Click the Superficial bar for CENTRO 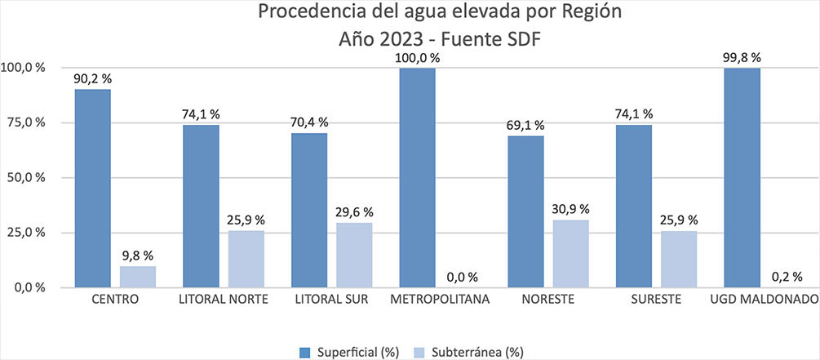pyautogui.click(x=92, y=188)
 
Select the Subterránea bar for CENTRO pyautogui.click(x=137, y=277)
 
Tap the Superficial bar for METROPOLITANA pyautogui.click(x=417, y=177)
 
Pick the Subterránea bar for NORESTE pyautogui.click(x=570, y=253)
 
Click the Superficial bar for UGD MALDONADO pyautogui.click(x=742, y=177)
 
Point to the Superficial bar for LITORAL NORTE pyautogui.click(x=201, y=206)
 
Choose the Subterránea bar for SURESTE pyautogui.click(x=678, y=259)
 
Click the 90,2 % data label pyautogui.click(x=93, y=78)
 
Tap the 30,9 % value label pyautogui.click(x=571, y=209)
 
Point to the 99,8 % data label pyautogui.click(x=742, y=57)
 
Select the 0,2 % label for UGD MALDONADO pyautogui.click(x=787, y=277)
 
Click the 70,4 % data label pyautogui.click(x=309, y=122)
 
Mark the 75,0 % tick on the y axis pyautogui.click(x=24, y=122)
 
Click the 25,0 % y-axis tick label pyautogui.click(x=24, y=233)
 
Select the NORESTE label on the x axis pyautogui.click(x=547, y=300)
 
